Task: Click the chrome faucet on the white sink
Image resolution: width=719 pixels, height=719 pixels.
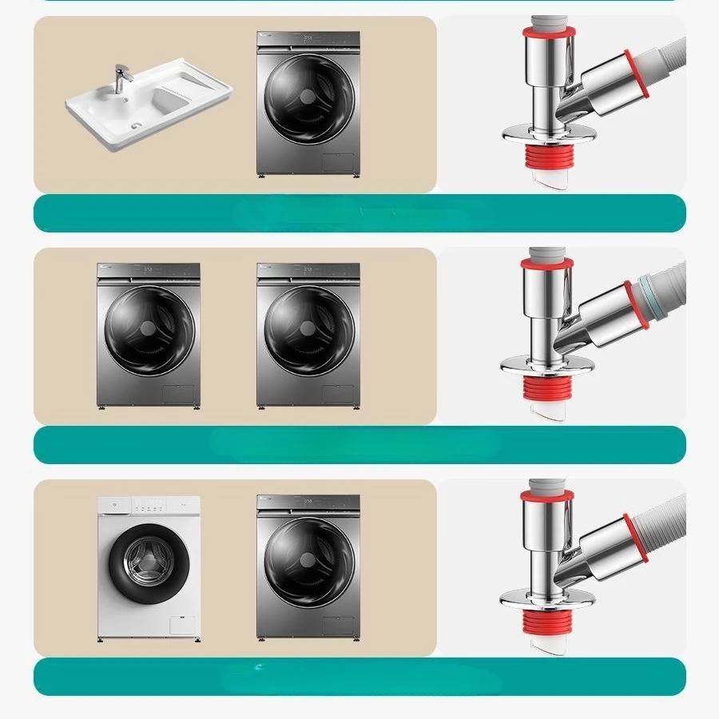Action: coord(121,78)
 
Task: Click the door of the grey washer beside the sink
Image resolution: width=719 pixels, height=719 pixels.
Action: coord(308,100)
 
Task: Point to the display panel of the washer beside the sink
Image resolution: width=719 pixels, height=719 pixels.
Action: coord(308,38)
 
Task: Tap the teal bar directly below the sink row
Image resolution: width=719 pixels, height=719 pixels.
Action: coord(359,213)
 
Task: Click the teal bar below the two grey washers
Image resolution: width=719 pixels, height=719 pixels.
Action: coord(359,445)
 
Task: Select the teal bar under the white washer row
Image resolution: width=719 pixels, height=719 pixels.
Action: coord(359,677)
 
